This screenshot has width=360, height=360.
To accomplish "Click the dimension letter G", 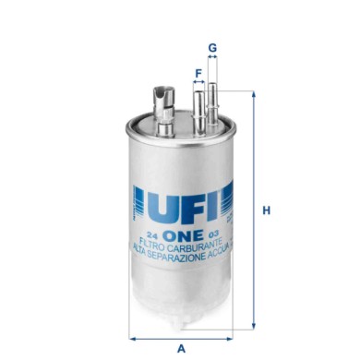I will pyautogui.click(x=211, y=46).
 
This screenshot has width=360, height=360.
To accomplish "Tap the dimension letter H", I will pyautogui.click(x=267, y=210).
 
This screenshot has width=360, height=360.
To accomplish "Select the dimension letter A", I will pyautogui.click(x=181, y=347).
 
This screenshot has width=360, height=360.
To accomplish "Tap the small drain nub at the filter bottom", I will pyautogui.click(x=182, y=326).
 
